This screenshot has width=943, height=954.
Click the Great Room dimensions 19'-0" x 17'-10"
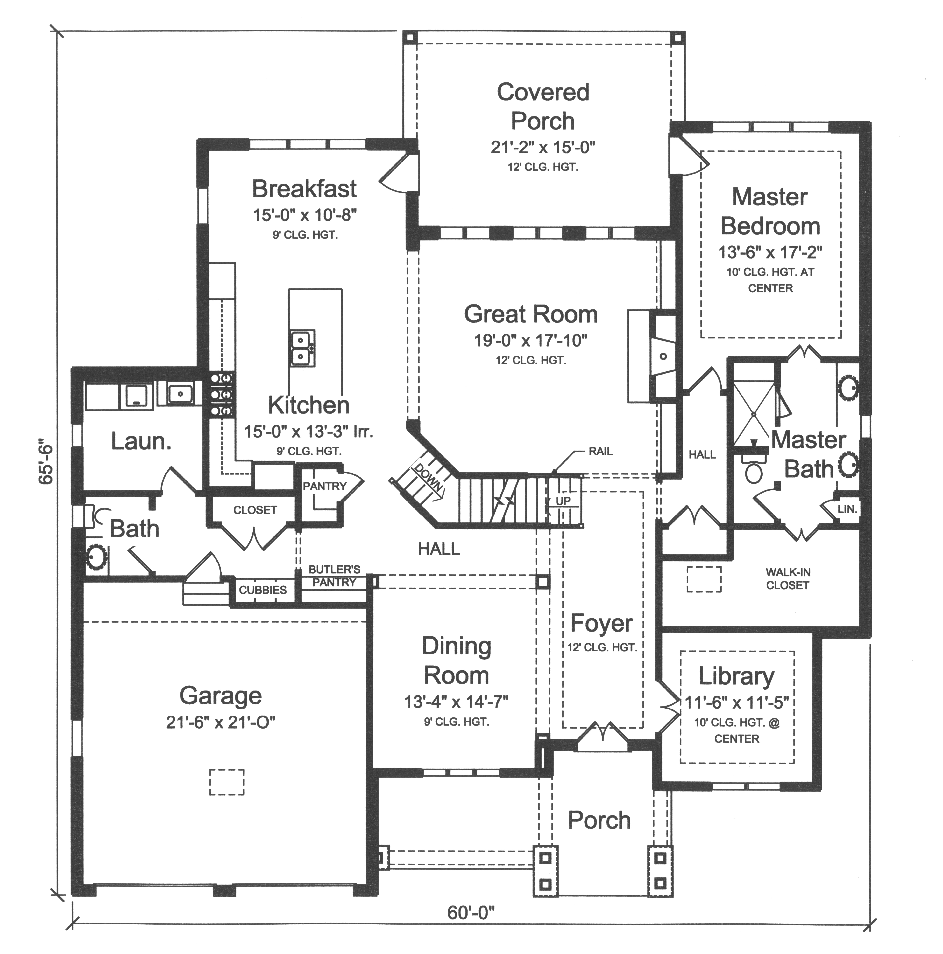pyautogui.click(x=530, y=340)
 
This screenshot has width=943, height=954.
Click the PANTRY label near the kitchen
pyautogui.click(x=324, y=486)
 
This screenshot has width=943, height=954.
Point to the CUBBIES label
pyautogui.click(x=262, y=590)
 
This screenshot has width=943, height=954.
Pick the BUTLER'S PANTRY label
pyautogui.click(x=334, y=576)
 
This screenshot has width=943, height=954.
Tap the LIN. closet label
pyautogui.click(x=847, y=509)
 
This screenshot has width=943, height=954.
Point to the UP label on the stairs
pyautogui.click(x=563, y=501)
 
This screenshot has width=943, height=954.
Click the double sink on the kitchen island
pyautogui.click(x=301, y=348)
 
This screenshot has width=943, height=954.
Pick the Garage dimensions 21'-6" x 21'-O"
pyautogui.click(x=220, y=722)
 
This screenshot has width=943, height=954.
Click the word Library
pyautogui.click(x=736, y=676)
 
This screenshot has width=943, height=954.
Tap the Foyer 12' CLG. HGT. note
pyautogui.click(x=602, y=647)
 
